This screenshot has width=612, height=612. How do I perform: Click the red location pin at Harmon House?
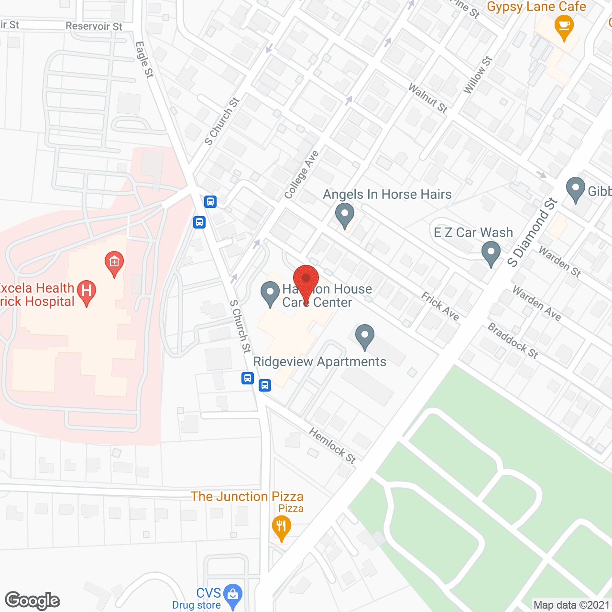click(x=306, y=279)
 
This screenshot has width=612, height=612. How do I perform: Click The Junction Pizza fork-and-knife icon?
click(x=281, y=527)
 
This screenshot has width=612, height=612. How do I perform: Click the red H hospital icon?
click(x=87, y=292)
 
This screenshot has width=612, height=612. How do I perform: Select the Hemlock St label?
click(x=332, y=446)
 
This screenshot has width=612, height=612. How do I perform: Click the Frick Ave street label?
click(x=440, y=306)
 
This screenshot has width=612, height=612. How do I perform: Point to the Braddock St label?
click(x=513, y=341)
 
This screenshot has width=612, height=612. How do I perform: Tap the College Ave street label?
click(x=301, y=175)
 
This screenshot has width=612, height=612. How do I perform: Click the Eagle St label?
click(x=144, y=59)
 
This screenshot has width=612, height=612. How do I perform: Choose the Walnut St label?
click(x=428, y=98)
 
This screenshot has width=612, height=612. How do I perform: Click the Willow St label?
click(x=478, y=75)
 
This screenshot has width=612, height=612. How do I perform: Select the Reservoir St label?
click(x=94, y=26)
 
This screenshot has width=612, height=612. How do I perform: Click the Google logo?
click(x=33, y=601)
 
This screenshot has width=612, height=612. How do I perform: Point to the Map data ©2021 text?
click(x=571, y=605)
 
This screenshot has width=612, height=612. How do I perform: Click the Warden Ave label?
click(x=536, y=303)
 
